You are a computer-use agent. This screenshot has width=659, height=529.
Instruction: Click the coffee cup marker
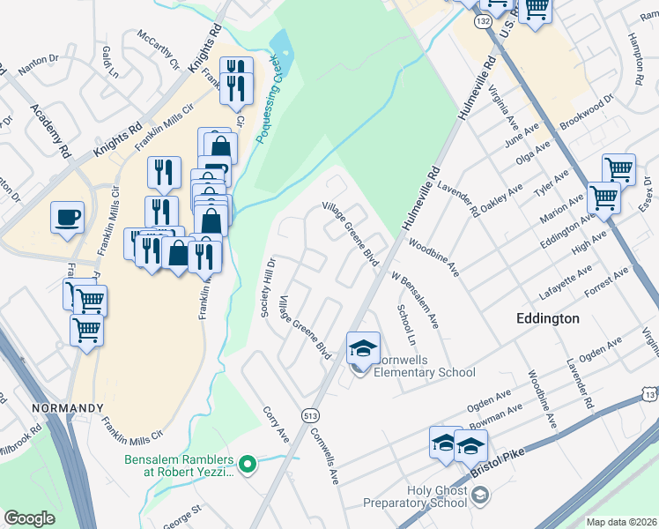[x=67, y=218]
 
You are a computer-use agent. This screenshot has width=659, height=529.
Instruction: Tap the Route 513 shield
[x=310, y=414]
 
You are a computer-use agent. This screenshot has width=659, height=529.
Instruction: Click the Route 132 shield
[x=484, y=19]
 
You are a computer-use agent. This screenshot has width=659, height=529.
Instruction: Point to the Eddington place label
[x=547, y=318]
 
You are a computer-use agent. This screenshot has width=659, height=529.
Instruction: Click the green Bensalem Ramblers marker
[x=248, y=462]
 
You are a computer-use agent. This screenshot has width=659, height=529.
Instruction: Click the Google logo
[x=29, y=518]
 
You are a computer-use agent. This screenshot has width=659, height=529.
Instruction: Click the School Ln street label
[x=405, y=324]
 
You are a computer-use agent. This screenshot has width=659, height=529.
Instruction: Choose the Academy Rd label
[x=49, y=131]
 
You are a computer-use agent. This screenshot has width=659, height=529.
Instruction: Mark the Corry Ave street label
[x=276, y=424]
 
